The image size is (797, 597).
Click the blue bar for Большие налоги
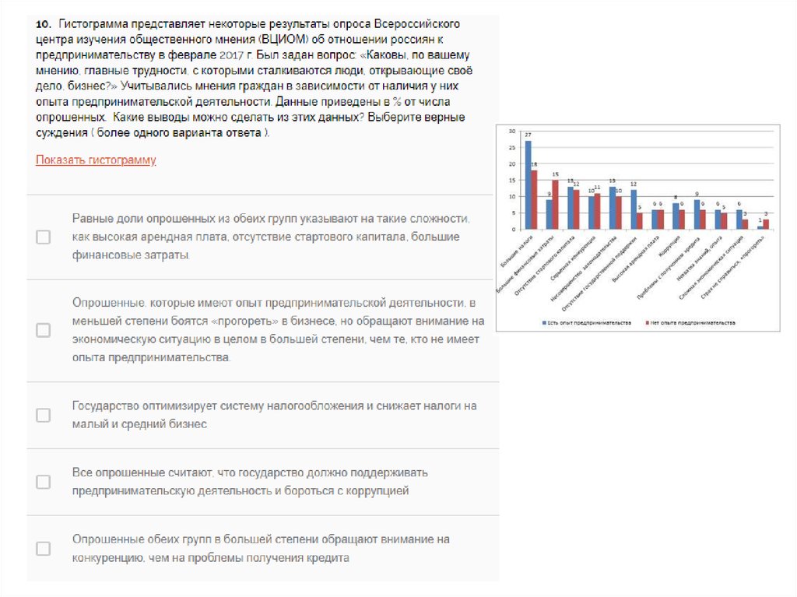tap(528, 185)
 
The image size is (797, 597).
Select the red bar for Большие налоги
tap(535, 200)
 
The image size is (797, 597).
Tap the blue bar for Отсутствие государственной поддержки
tap(634, 209)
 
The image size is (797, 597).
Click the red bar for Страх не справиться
tap(766, 224)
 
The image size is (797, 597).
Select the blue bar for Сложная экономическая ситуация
tap(739, 219)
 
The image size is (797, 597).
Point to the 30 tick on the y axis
tap(511, 131)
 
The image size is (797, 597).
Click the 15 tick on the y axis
tap(511, 180)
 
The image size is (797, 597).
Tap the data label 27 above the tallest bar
tap(528, 136)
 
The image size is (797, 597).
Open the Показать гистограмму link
tap(96, 160)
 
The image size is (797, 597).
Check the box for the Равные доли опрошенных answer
tap(44, 237)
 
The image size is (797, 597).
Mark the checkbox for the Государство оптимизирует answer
tap(44, 415)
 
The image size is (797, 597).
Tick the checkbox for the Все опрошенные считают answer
tap(44, 482)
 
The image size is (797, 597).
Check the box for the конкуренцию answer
tap(44, 549)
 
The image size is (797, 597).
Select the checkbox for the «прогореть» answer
tap(44, 330)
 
